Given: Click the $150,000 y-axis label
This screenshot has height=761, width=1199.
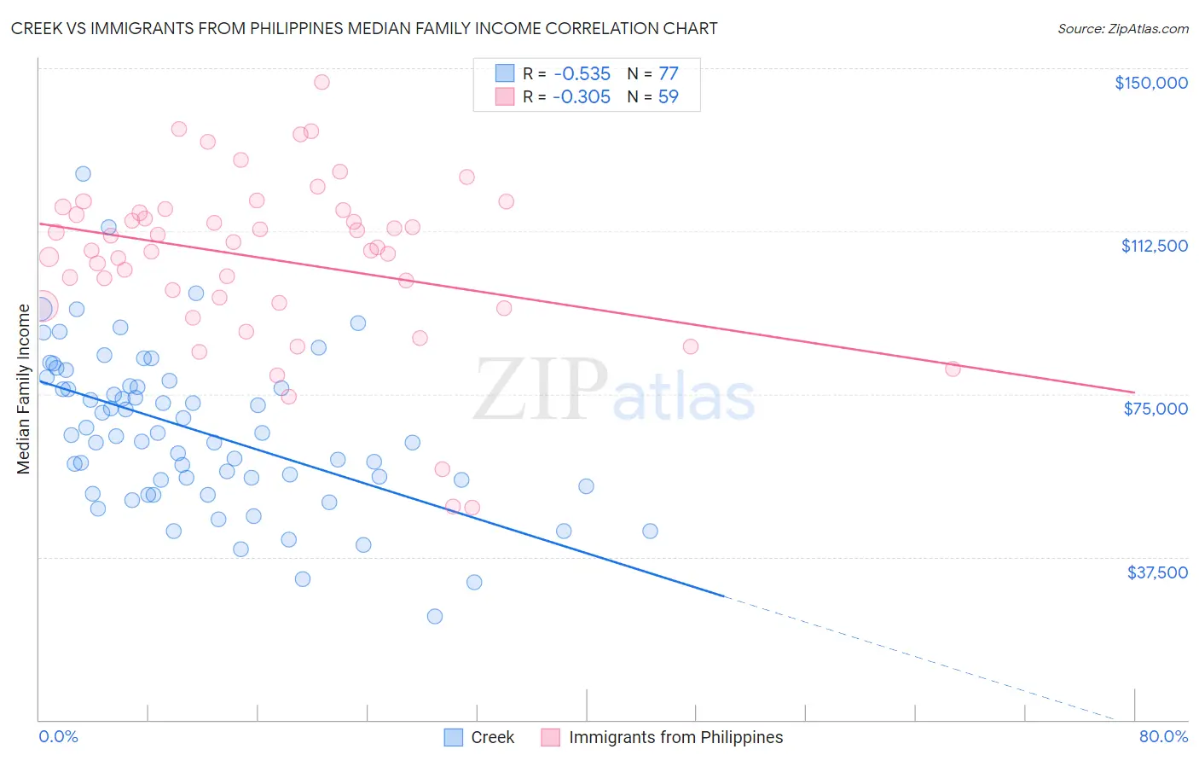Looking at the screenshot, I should [1150, 83].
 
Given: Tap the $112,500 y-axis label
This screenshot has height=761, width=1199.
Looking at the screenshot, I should [1154, 246].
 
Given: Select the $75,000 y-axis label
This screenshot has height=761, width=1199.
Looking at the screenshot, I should [1156, 409].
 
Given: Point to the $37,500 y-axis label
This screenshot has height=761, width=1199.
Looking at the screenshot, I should [1157, 572].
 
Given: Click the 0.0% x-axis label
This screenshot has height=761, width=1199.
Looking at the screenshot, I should [58, 736].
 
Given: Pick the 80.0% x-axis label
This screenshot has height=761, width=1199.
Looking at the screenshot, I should [1163, 736].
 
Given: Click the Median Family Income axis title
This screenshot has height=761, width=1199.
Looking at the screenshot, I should [24, 388].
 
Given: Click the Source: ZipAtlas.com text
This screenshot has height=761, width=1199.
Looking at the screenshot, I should [1122, 28].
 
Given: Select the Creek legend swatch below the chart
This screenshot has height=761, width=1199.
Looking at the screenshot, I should [454, 737].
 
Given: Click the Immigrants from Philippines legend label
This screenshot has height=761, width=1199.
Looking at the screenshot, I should [675, 737].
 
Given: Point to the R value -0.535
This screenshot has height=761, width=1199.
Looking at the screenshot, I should [582, 74].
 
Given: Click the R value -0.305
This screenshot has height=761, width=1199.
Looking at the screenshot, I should [582, 97].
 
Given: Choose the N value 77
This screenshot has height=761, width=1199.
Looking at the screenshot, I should [669, 74].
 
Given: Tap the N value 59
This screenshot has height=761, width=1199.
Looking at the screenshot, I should [669, 97].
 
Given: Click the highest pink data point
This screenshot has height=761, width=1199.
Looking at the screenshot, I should [321, 82].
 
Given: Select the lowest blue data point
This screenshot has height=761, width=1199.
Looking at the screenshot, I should [435, 616].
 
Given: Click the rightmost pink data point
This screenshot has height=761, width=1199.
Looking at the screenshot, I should [953, 369].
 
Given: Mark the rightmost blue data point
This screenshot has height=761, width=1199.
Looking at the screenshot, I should [650, 531].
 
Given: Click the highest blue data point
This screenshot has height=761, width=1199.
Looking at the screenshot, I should [83, 173].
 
